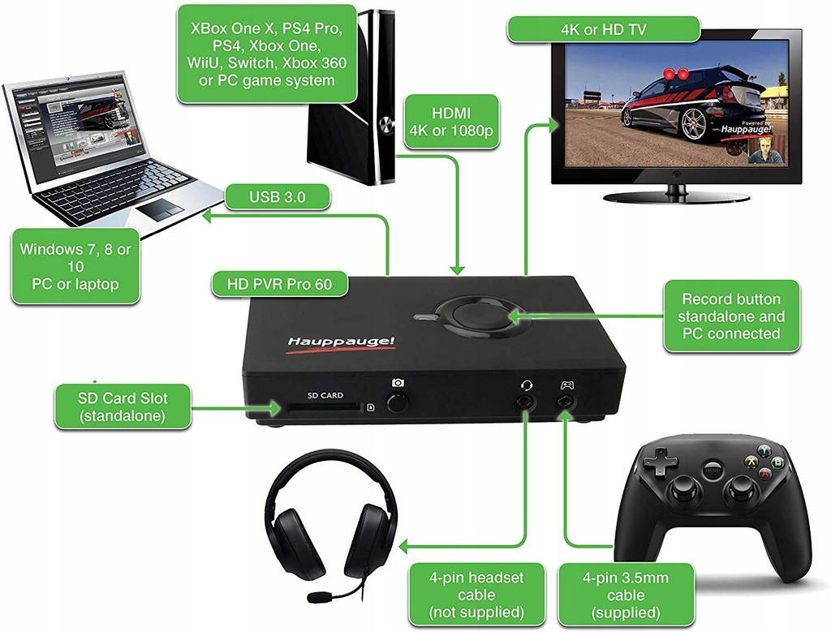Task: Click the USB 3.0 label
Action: [x=278, y=196]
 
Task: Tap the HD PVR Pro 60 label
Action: [x=279, y=284]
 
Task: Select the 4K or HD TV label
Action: [x=603, y=29]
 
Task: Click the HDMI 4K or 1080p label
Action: [x=452, y=123]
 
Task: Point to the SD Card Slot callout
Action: [x=123, y=406]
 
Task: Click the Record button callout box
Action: [x=731, y=316]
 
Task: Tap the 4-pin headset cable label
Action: [x=476, y=595]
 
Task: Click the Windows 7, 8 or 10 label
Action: [x=75, y=267]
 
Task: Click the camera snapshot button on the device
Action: [x=398, y=403]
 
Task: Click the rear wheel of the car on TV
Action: [x=694, y=123]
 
